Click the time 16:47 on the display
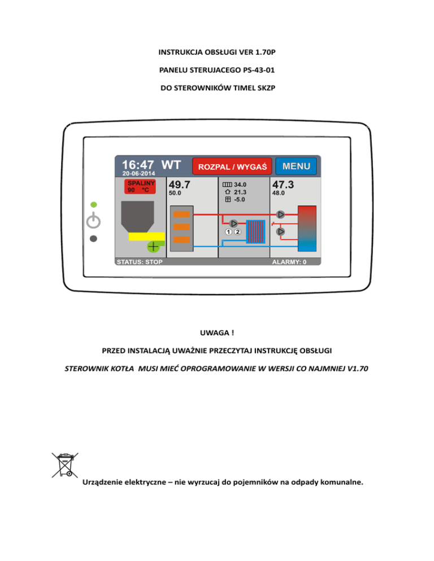point(138,165)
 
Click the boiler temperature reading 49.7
point(180,185)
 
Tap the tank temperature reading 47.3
point(283,185)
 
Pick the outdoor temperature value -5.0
point(240,199)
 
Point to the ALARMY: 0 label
point(289,262)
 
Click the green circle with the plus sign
point(153,247)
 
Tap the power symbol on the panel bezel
point(94,221)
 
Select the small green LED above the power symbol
point(94,204)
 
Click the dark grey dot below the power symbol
point(94,238)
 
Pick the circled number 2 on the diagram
point(238,232)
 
